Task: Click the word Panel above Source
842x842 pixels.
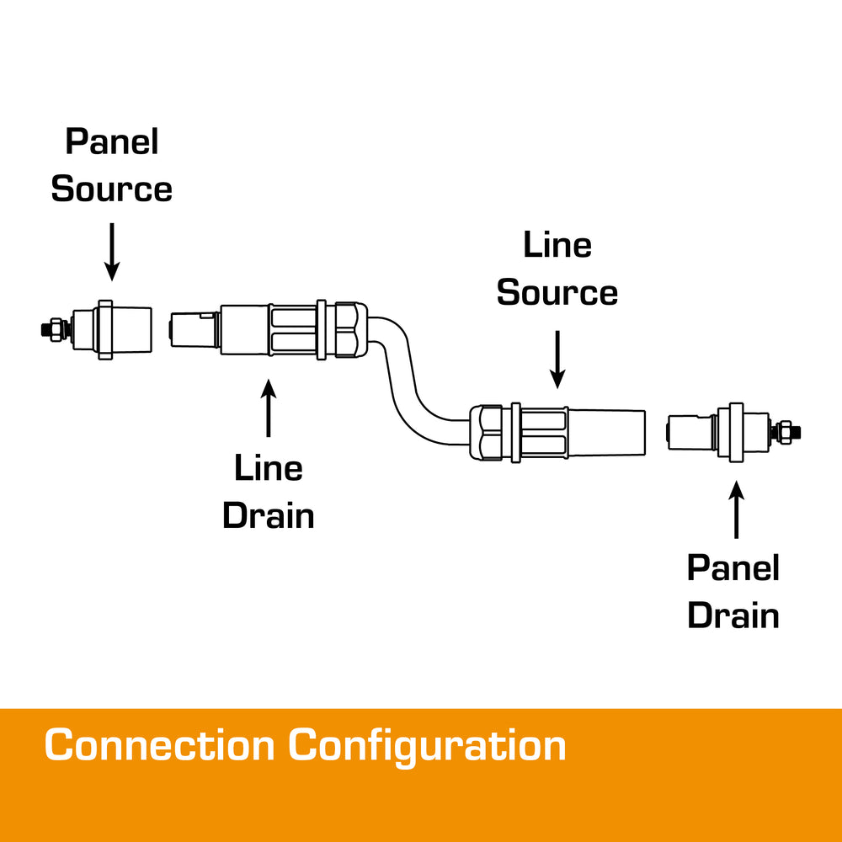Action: (112, 141)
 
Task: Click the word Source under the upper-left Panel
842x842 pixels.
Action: (112, 189)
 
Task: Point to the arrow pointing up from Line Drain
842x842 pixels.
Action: (269, 408)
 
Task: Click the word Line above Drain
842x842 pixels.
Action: (269, 468)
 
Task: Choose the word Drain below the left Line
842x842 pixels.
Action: (269, 515)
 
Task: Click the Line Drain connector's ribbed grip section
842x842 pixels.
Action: (292, 329)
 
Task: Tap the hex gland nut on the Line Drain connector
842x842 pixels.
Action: (348, 329)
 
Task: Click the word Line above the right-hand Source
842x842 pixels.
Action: (557, 246)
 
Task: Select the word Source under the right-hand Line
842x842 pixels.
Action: (557, 293)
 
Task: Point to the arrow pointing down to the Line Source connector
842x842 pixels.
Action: (557, 358)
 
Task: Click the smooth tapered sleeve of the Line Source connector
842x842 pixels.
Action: (606, 432)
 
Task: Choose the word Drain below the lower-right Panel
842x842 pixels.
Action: (733, 616)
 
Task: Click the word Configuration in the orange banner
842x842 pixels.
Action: (427, 746)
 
